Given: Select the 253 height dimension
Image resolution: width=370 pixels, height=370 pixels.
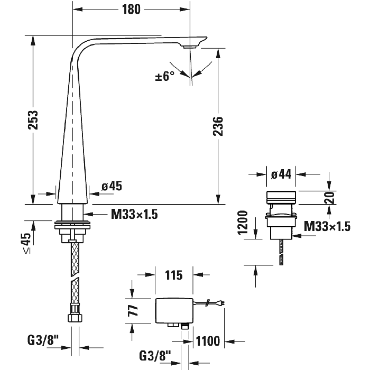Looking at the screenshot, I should pyautogui.click(x=32, y=121).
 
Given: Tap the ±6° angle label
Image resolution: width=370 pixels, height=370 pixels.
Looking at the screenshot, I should pyautogui.click(x=165, y=77).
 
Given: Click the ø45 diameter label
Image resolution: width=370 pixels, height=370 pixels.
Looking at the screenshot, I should pyautogui.click(x=112, y=186).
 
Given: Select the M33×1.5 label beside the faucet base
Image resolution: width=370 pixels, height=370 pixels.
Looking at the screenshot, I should pyautogui.click(x=135, y=214).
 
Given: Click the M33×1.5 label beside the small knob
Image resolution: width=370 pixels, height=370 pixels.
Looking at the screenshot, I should pyautogui.click(x=328, y=227).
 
